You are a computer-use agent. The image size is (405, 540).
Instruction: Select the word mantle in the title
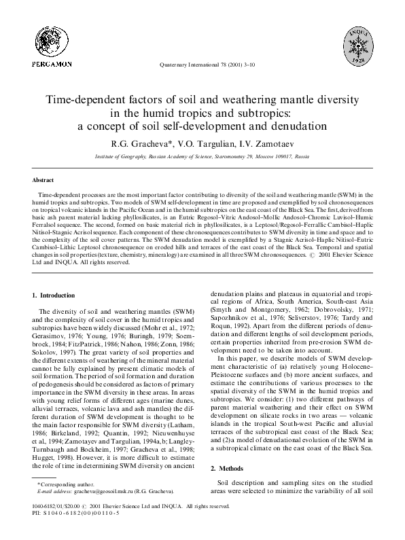point(294,99)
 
